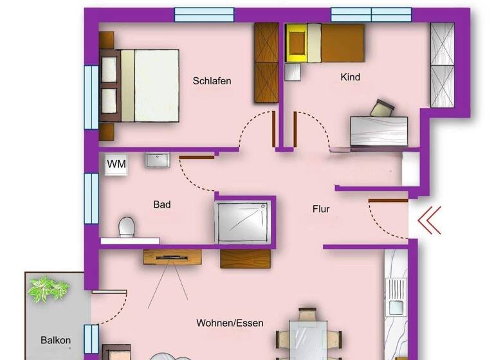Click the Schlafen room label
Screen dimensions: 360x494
click(x=212, y=81)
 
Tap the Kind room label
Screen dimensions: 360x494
click(x=350, y=77)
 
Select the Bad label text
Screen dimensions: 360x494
click(x=161, y=204)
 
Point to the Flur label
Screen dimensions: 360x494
click(x=321, y=209)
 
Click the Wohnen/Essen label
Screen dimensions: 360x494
click(x=230, y=323)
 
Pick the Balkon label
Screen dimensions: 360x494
click(x=55, y=341)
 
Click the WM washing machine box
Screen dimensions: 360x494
click(x=116, y=164)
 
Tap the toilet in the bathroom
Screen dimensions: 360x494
click(x=127, y=227)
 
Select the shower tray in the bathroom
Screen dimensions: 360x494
click(x=242, y=221)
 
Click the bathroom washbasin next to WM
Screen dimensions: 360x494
click(x=156, y=159)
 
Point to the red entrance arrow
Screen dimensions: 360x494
click(x=429, y=220)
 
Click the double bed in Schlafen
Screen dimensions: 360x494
click(x=145, y=85)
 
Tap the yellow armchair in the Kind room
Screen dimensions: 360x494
click(x=297, y=43)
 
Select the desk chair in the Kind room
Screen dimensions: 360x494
click(x=383, y=108)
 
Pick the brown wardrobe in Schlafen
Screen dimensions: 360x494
click(x=266, y=63)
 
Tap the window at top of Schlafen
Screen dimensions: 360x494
click(x=204, y=15)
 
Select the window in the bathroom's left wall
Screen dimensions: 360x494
click(x=91, y=198)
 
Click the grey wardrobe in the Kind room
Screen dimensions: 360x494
click(x=442, y=64)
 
